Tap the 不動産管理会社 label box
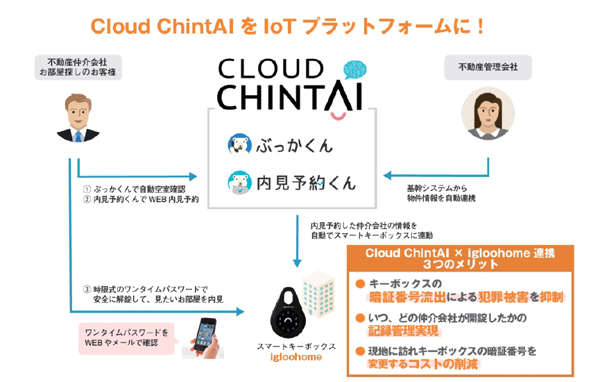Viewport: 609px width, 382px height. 488,67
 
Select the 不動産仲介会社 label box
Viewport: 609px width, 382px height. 77,67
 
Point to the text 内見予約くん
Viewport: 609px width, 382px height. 306,183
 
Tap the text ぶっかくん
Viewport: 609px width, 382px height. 294,145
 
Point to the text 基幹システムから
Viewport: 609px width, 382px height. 436,188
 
